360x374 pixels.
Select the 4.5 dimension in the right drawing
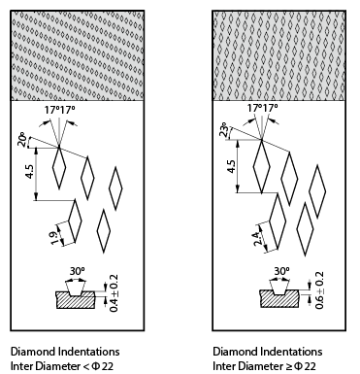click(x=231, y=166)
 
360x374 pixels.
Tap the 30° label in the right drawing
click(x=281, y=271)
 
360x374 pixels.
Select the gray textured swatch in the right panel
click(x=280, y=54)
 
